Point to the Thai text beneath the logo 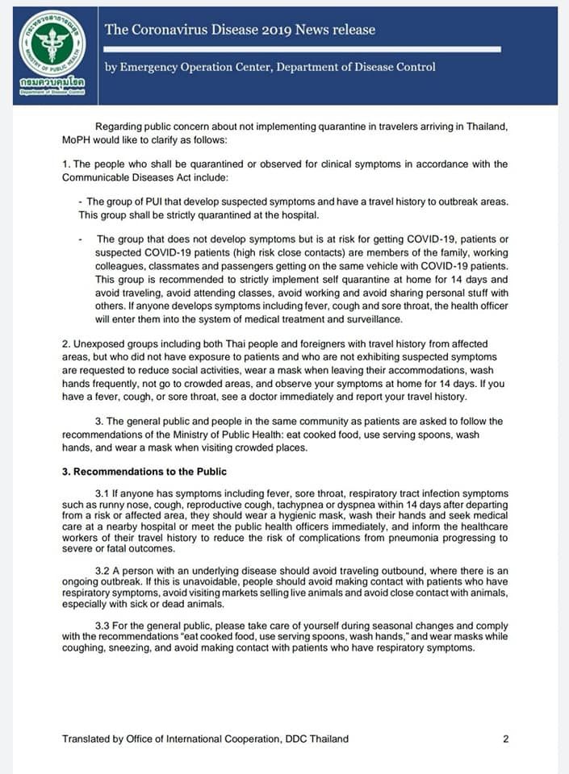(x=50, y=83)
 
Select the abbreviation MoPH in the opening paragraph (x=77, y=139)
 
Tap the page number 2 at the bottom (x=505, y=739)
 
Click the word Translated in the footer (x=88, y=739)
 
